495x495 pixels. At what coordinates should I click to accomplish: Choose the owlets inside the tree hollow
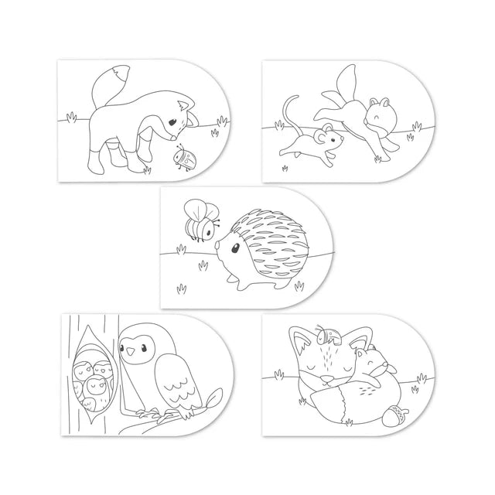pyautogui.click(x=93, y=381)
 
